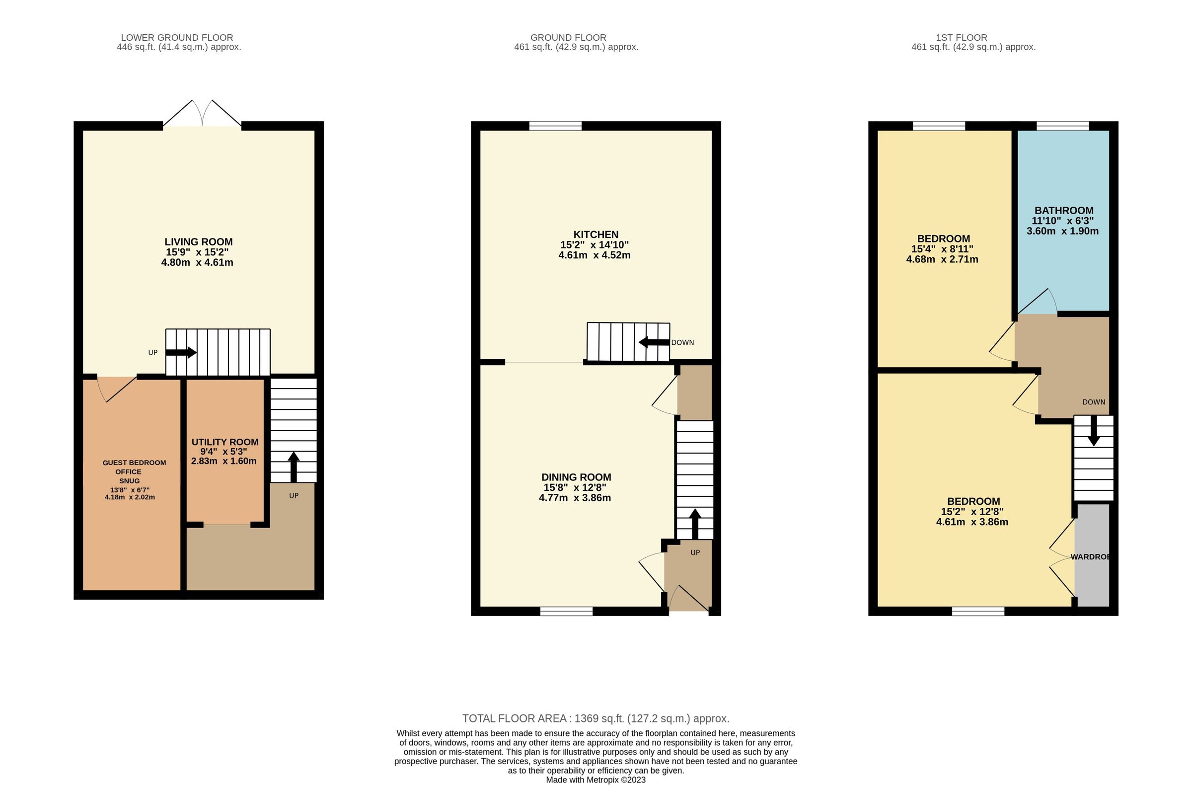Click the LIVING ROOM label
coord(198,242)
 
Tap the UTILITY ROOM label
coord(225,442)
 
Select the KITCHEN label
coord(596,235)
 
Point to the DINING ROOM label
coord(576,477)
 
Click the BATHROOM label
coord(1064,210)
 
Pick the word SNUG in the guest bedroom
coord(129,481)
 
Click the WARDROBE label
coord(1090,556)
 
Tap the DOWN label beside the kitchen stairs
coord(682,343)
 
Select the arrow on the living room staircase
coord(181,353)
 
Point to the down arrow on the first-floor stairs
coord(1093,431)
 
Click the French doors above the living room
coord(202,114)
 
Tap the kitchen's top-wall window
coord(555,126)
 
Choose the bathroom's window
coord(1062,126)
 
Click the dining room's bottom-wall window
coord(566,611)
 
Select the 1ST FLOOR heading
coord(961,38)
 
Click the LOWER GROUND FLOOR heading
coord(177,38)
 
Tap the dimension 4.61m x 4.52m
coord(594,255)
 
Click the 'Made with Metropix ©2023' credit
coord(596,780)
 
